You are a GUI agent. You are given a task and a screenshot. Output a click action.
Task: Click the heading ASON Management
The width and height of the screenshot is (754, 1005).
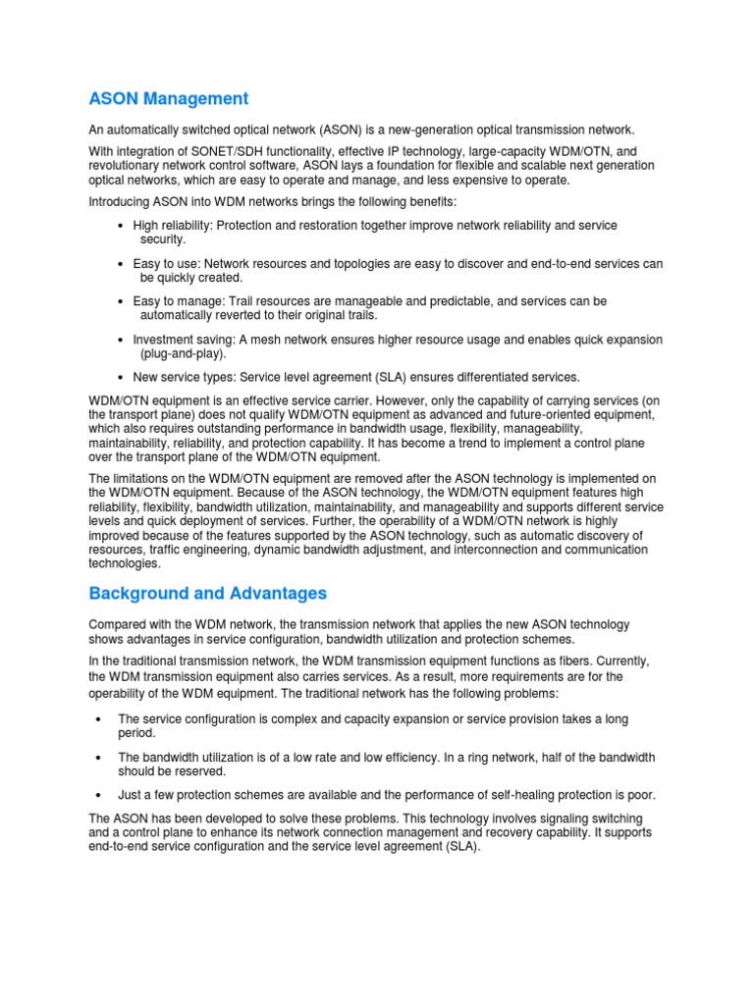click(168, 99)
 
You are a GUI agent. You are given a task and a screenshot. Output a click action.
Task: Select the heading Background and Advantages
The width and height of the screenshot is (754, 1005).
click(207, 594)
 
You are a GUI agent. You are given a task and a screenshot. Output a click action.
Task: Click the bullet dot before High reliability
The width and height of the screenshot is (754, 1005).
click(120, 226)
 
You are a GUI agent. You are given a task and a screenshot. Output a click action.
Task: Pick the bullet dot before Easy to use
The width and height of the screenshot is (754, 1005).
click(120, 264)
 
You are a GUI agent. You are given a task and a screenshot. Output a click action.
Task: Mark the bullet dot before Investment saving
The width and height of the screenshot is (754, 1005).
click(120, 340)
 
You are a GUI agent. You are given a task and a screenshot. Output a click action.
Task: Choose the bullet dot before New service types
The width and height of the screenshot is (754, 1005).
click(120, 377)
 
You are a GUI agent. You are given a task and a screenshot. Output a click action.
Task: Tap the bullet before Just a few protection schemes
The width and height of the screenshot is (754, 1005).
click(99, 795)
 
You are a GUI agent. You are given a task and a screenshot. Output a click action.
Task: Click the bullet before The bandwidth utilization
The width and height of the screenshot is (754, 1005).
click(99, 758)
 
